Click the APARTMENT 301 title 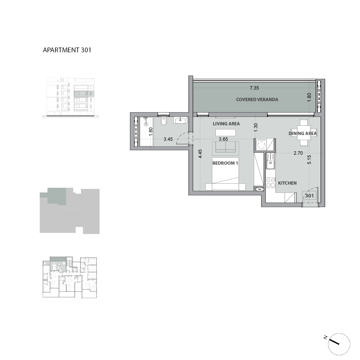[x=67, y=50]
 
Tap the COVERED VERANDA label [x=257, y=100]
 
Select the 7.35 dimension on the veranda [x=254, y=88]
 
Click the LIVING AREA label [x=226, y=124]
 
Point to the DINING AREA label [x=303, y=133]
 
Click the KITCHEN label [x=287, y=183]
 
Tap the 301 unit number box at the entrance [x=309, y=196]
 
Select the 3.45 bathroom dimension [x=168, y=139]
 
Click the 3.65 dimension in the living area [x=223, y=139]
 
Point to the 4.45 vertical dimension [x=200, y=154]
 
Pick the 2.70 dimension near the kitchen [x=298, y=153]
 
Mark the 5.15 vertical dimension [x=309, y=160]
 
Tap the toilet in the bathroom [x=163, y=121]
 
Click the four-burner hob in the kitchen [x=271, y=183]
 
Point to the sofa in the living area [x=227, y=147]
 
